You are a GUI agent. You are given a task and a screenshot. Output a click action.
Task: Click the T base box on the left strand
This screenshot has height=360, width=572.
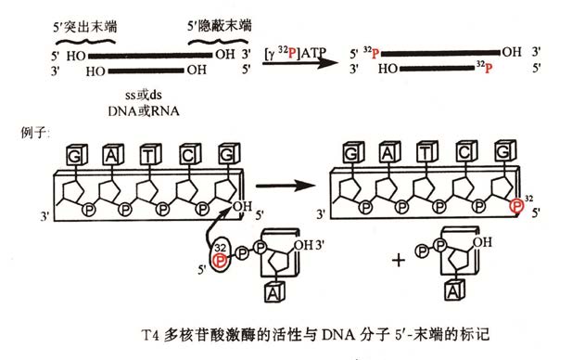(x=148, y=153)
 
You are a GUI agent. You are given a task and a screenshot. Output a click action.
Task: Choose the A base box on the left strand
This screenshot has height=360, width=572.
(x=110, y=153)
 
